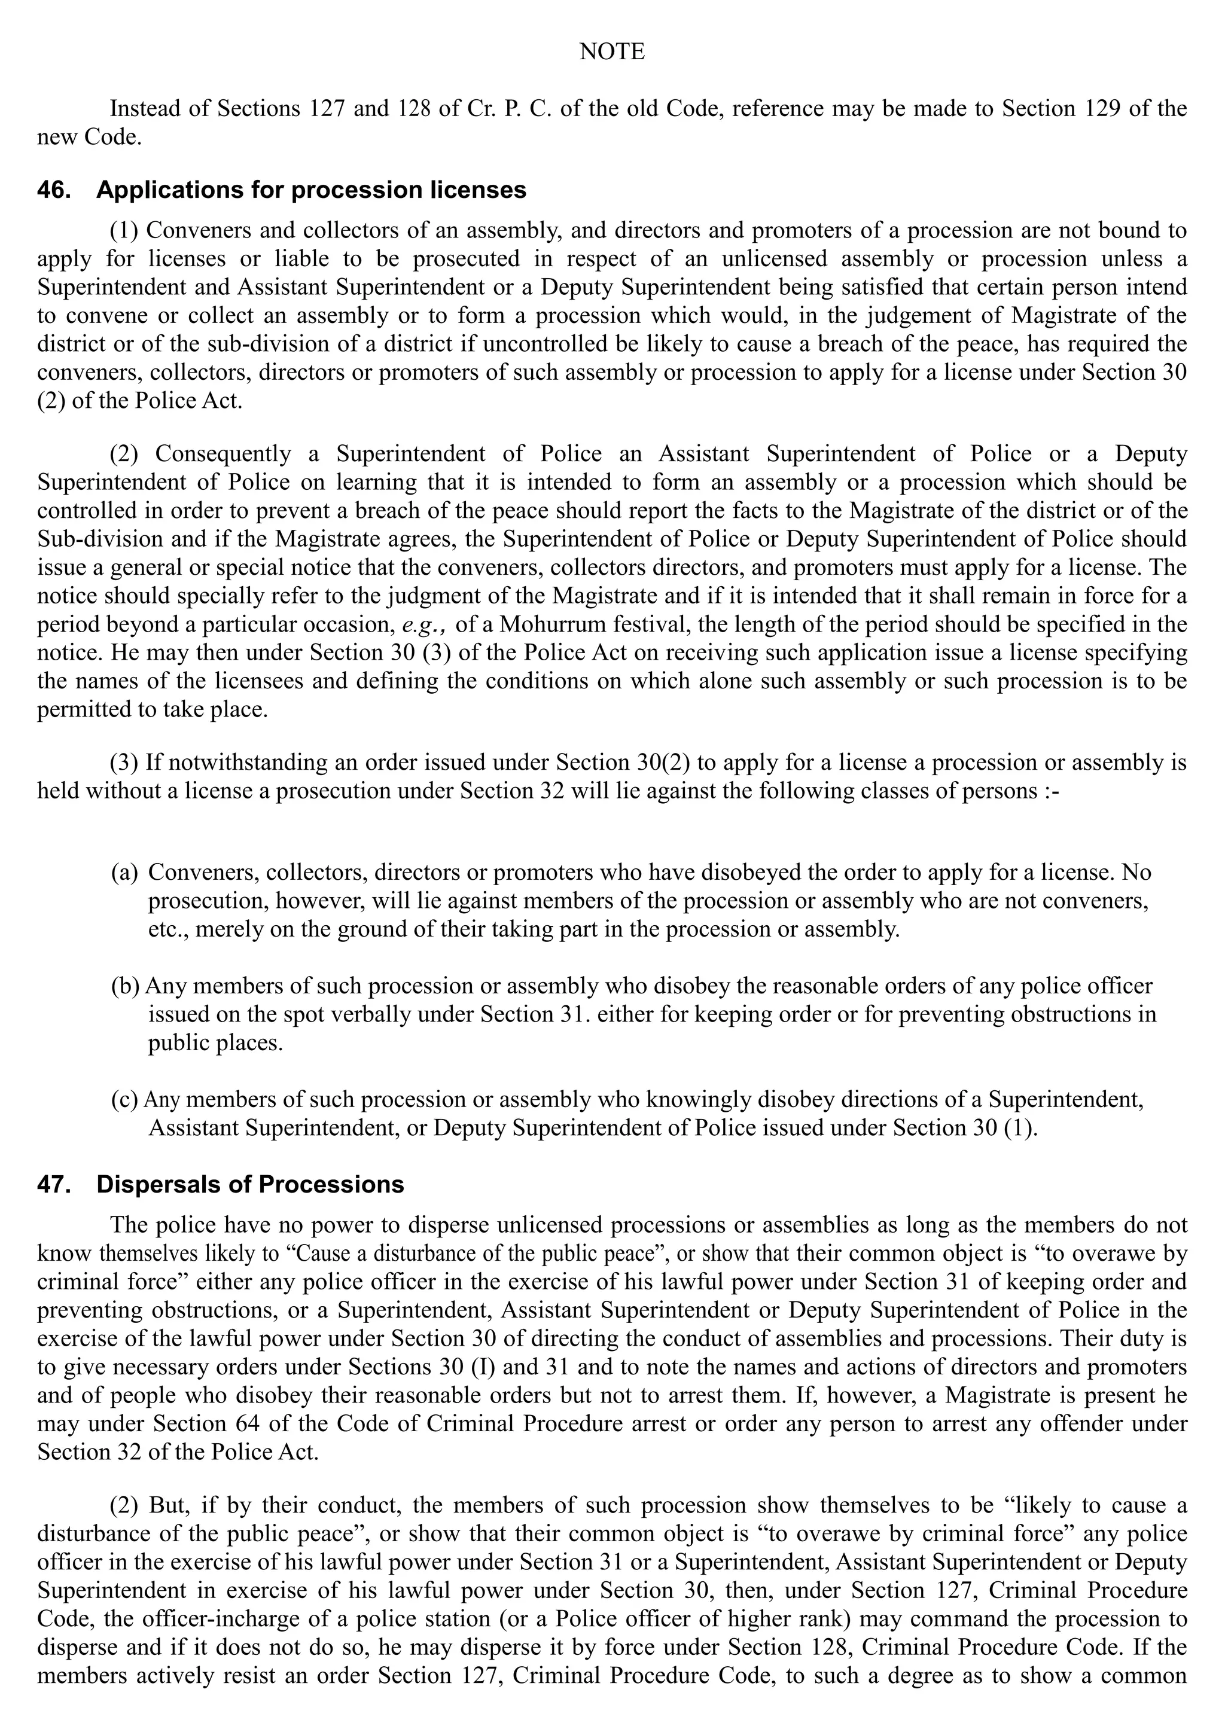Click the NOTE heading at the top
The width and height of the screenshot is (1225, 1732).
point(612,52)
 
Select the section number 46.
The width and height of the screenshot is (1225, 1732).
point(54,190)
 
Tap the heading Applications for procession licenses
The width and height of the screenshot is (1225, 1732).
point(311,190)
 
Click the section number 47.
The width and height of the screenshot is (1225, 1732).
point(54,1184)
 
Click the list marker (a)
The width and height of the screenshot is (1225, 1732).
point(124,873)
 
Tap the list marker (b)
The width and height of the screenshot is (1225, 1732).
point(125,986)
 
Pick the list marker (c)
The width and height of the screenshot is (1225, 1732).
point(124,1100)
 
